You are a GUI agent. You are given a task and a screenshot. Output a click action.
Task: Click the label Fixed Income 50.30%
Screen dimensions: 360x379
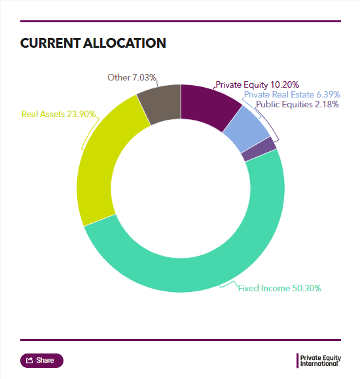pos(279,288)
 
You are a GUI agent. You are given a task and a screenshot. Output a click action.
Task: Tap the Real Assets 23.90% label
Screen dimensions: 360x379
pos(58,114)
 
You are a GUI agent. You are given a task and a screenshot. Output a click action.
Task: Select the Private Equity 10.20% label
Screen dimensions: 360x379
pos(257,85)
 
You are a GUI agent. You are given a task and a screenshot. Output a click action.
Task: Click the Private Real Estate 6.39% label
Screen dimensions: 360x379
pos(292,94)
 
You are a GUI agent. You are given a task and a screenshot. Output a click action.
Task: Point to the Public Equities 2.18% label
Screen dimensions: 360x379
pos(297,105)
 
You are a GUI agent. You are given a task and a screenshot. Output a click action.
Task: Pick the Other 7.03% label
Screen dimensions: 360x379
pos(132,77)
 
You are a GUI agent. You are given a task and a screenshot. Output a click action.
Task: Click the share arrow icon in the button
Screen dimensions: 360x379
pos(29,361)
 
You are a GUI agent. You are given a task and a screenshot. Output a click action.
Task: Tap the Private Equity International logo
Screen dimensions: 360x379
pos(319,361)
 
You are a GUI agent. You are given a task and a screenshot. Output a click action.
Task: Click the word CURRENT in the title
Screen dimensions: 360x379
pos(50,43)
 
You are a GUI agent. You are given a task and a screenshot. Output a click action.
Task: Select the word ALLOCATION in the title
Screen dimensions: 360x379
pos(124,43)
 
